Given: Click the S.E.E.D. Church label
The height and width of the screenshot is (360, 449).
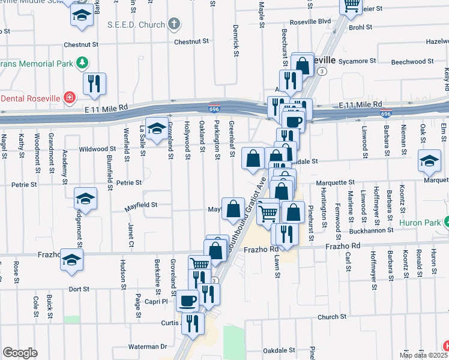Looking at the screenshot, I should pos(136,25).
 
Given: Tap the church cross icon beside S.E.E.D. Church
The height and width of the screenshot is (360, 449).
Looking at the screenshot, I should pos(173,25).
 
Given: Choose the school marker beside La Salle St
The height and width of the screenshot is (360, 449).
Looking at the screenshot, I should pos(157,129).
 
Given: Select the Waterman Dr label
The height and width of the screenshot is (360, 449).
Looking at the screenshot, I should pos(147,346).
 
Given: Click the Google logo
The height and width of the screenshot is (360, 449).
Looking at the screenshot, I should pos(20,353).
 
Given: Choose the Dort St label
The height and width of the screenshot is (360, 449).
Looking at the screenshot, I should pos(79,289).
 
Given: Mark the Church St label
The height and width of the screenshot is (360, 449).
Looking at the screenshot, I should pos(329,317).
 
